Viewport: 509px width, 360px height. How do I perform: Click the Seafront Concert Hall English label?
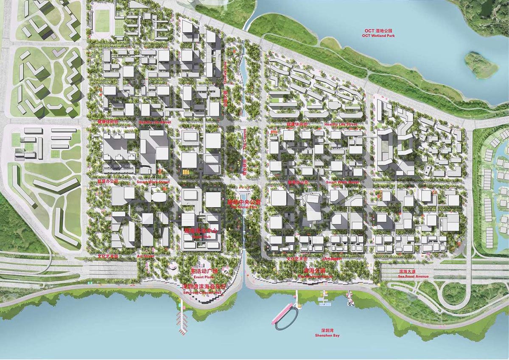point(202,292)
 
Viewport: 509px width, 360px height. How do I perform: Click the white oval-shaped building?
point(159,198)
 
